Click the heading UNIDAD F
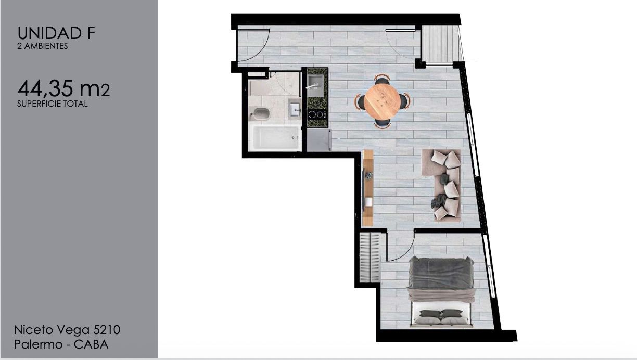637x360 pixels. (56, 33)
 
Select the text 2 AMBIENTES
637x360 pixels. (42, 46)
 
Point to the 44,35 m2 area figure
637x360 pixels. (63, 88)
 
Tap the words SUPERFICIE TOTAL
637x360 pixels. (53, 104)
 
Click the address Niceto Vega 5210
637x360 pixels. (67, 330)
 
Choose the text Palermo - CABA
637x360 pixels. (61, 344)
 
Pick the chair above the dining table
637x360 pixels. (382, 80)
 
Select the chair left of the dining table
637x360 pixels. (360, 101)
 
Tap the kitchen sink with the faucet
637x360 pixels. (315, 85)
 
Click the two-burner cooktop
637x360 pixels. (316, 114)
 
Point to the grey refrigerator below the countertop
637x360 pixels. (319, 140)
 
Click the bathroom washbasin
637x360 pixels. (294, 109)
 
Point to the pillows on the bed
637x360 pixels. (441, 317)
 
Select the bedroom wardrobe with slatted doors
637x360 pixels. (370, 258)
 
